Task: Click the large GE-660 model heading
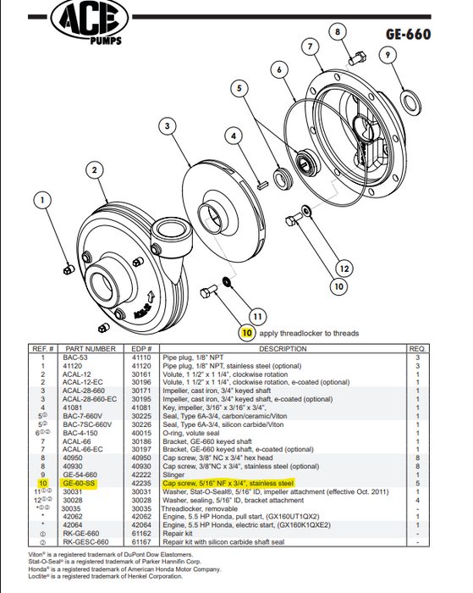coord(408,35)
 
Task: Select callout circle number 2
coord(88,170)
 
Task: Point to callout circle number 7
coord(311,45)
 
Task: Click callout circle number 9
coord(387,55)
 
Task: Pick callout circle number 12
coord(343,269)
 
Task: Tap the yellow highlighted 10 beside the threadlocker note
coord(246,334)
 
